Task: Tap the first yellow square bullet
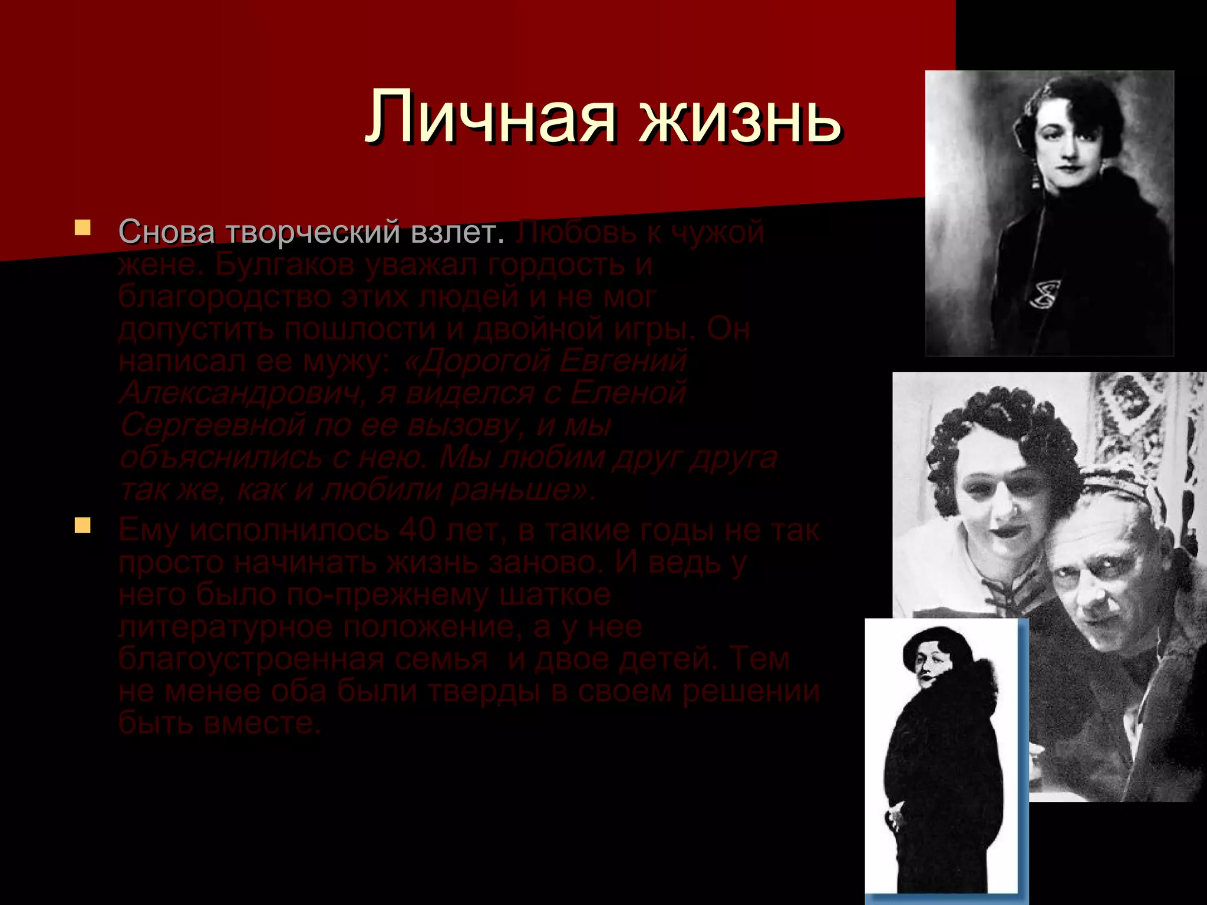[83, 227]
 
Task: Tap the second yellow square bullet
[83, 525]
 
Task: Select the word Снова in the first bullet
[167, 232]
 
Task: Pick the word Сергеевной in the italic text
[212, 425]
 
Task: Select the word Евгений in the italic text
[623, 361]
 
